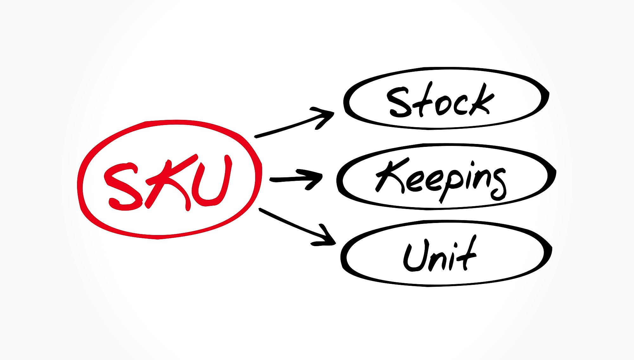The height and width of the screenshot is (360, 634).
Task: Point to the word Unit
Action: (x=440, y=254)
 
